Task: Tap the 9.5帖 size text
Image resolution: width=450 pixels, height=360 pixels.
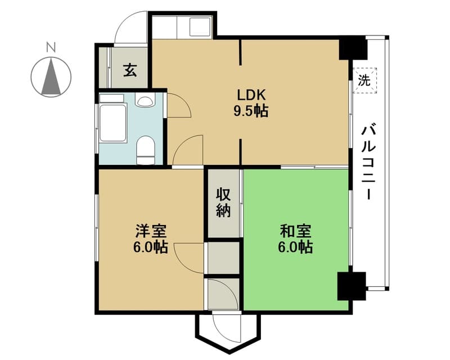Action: point(251,111)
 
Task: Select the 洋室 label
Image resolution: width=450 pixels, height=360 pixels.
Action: point(151,231)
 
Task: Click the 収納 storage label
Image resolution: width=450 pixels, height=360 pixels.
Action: point(223,203)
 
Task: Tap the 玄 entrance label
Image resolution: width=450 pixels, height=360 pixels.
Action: point(130,70)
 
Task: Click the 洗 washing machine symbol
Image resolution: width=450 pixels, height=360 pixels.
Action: point(364,80)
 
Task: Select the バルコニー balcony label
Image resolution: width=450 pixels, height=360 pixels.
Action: point(368,161)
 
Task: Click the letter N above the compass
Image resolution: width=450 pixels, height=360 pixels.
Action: point(51,47)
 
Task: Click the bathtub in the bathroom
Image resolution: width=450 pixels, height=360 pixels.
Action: point(113,123)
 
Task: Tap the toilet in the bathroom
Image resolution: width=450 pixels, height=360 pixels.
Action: point(146,150)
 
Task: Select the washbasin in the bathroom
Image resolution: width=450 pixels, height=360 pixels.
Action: point(145,101)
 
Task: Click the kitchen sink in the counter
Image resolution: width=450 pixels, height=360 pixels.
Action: point(200,26)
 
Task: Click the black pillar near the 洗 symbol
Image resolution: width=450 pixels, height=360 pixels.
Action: point(353,47)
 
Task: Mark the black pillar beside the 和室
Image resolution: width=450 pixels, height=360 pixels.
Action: point(352,286)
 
